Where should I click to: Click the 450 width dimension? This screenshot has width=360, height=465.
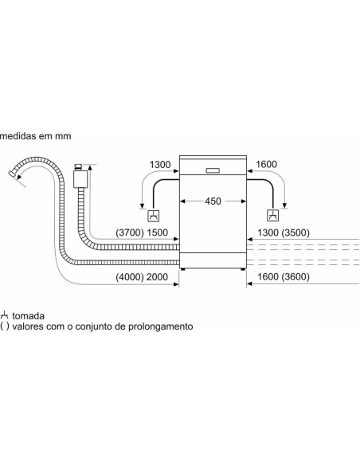coord(213,201)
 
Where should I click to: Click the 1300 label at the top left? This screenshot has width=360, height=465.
coord(160,165)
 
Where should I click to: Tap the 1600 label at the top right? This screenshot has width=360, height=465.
coord(266,164)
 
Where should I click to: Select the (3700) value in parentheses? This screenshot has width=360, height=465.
coord(130,232)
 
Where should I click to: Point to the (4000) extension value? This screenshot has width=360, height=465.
coord(130,277)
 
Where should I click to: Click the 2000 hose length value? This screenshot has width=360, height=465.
coord(157,277)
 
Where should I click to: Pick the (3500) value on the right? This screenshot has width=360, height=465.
coord(295,232)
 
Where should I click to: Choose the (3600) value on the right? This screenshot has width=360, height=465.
coord(295,276)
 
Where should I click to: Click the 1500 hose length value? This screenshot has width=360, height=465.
coord(157,232)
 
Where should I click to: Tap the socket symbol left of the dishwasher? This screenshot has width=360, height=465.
coord(154,216)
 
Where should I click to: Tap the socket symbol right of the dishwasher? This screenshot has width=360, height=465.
coord(273,215)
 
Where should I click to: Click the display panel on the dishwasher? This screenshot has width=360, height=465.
coord(213,170)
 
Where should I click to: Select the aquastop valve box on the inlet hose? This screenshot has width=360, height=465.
coord(80,179)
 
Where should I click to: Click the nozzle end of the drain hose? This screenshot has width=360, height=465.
coord(12,174)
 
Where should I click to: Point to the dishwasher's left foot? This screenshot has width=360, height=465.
coord(182,269)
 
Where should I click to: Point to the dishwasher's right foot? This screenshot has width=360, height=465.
coord(243,269)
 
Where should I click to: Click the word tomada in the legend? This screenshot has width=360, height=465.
coord(28,316)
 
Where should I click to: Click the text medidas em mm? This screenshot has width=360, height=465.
coord(36,136)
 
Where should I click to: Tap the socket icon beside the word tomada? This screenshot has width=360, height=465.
coord(4,315)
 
